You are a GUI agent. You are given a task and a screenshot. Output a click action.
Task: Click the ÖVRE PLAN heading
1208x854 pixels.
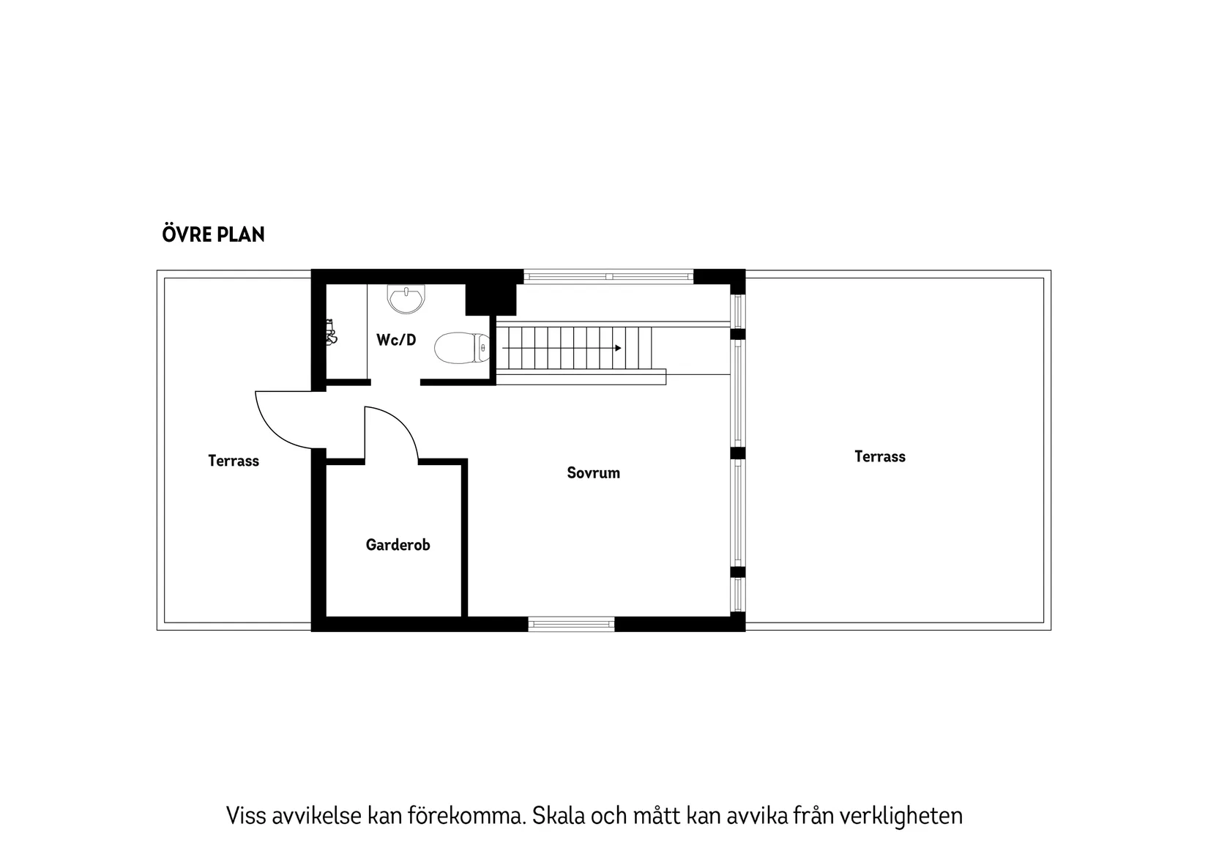(x=213, y=234)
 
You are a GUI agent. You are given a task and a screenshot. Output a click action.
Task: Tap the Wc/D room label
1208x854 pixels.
(x=396, y=340)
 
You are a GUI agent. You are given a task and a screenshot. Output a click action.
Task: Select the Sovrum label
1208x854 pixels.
(x=593, y=473)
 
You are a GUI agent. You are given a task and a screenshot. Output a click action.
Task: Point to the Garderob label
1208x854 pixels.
(x=398, y=545)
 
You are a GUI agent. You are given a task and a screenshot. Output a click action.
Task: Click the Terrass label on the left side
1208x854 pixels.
(x=234, y=461)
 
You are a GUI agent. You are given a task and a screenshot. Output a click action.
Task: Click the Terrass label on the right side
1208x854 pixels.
(x=879, y=456)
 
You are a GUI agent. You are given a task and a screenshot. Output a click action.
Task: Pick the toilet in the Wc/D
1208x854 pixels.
(x=461, y=348)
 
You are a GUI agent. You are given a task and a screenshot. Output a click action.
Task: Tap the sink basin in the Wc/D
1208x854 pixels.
(x=406, y=298)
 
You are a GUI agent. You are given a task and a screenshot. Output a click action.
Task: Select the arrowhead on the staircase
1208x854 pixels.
(x=618, y=348)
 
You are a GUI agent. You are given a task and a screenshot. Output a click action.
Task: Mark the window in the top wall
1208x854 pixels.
(x=608, y=277)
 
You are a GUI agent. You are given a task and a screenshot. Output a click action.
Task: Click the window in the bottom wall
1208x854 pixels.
(x=571, y=624)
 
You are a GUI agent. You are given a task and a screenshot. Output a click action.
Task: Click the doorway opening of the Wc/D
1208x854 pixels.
(x=395, y=382)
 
